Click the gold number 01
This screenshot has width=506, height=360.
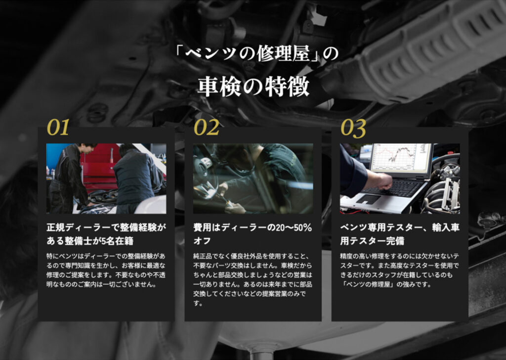[x=58, y=127]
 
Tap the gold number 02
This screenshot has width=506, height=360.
[x=207, y=127]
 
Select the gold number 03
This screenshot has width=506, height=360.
[x=353, y=128]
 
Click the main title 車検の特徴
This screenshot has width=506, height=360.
[x=253, y=87]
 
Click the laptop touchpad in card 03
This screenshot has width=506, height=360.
[x=368, y=199]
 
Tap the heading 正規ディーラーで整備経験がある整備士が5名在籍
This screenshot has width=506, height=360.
[x=106, y=234]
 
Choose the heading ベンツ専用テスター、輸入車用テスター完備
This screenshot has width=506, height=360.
[x=400, y=234]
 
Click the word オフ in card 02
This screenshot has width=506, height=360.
[x=202, y=241]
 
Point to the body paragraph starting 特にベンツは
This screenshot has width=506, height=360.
[x=106, y=270]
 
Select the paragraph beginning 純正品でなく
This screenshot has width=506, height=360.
[x=253, y=279]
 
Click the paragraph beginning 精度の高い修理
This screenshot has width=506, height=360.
[x=399, y=270]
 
